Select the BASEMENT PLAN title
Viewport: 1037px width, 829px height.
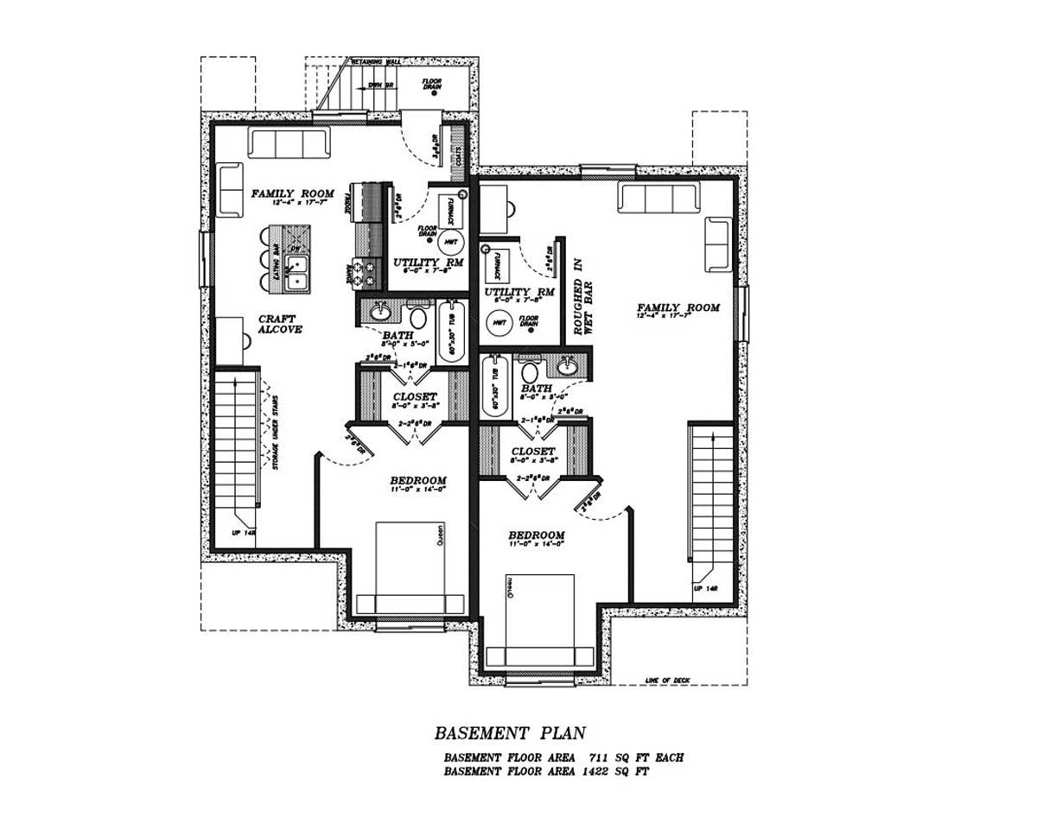click(x=509, y=734)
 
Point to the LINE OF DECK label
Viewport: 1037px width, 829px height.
click(x=667, y=680)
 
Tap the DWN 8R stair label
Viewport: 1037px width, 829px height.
click(x=380, y=85)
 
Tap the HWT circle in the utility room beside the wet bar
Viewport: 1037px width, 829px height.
click(x=499, y=323)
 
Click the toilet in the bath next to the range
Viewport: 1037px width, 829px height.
click(x=418, y=314)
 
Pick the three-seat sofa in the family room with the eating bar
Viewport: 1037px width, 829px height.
click(x=289, y=143)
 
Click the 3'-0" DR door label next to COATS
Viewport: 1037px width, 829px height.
click(x=437, y=143)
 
